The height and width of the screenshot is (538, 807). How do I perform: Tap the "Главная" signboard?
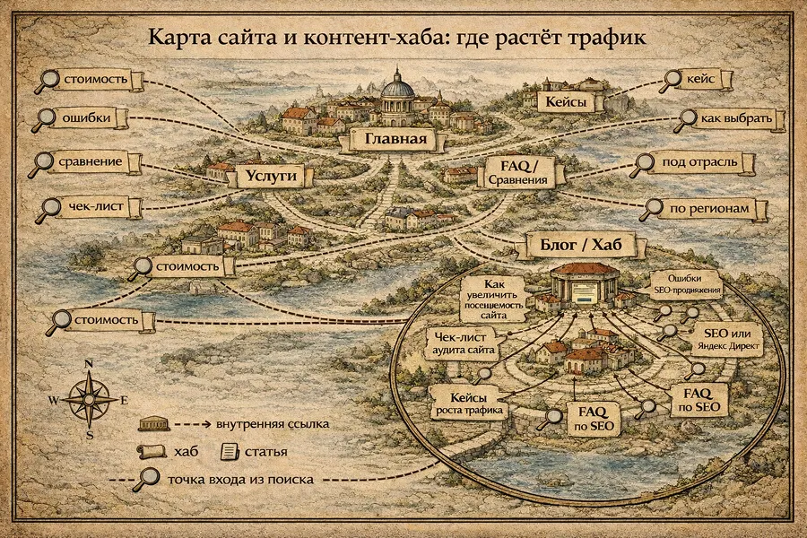tap(393, 140)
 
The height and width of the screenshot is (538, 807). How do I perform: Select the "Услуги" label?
tap(266, 178)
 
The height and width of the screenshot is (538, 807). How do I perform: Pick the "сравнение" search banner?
tap(100, 164)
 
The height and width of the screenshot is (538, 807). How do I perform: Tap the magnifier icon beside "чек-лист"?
tap(46, 211)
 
